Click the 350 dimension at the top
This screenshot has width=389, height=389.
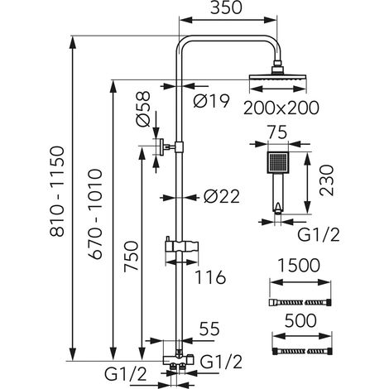pos(226,7)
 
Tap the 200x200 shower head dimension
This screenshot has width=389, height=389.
pos(281,108)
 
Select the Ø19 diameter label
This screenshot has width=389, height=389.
pos(211,101)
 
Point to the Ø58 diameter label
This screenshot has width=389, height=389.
pos(143,108)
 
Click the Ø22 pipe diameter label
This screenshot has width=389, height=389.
pos(222,197)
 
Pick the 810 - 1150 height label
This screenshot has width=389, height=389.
pos(57,191)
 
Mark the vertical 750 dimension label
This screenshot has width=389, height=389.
pos(131,257)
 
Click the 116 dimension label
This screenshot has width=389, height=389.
pos(210,277)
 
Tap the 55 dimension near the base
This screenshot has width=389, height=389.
pos(209,329)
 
